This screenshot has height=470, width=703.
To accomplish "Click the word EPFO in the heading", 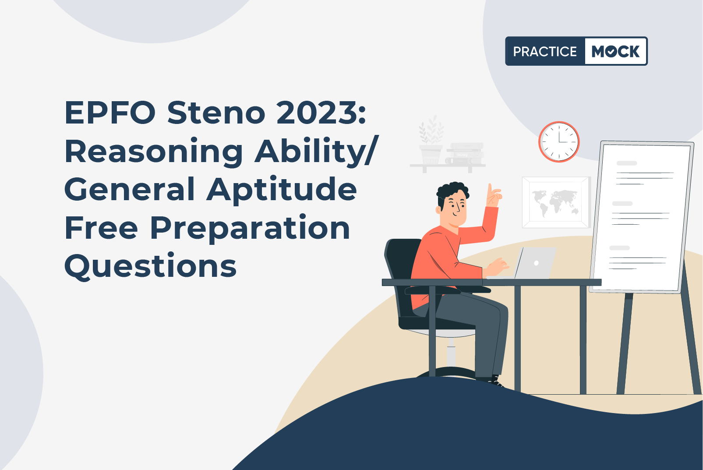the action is pyautogui.click(x=110, y=112).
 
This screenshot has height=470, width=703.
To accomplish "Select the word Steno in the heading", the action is pyautogui.click(x=216, y=112).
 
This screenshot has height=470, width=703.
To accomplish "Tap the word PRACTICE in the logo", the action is pyautogui.click(x=545, y=51).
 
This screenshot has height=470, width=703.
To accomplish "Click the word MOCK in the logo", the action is pyautogui.click(x=615, y=51).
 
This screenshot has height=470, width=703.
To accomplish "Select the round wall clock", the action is pyautogui.click(x=559, y=142).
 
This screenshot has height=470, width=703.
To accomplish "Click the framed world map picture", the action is pyautogui.click(x=556, y=202).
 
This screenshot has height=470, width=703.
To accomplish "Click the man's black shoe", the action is pyautogui.click(x=495, y=381).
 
